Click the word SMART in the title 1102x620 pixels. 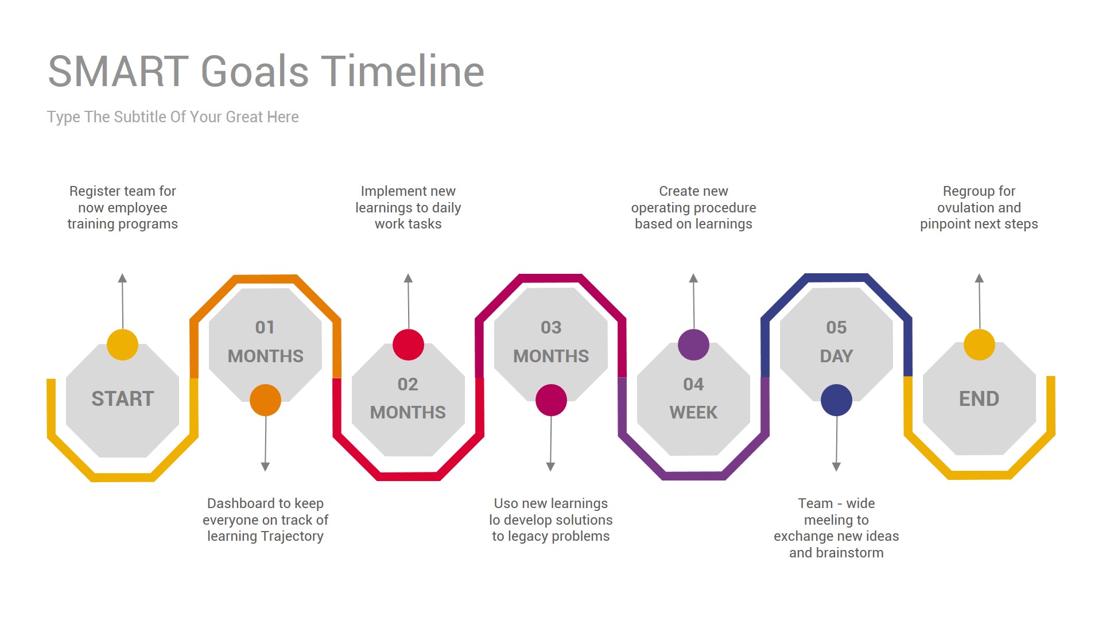click(x=118, y=72)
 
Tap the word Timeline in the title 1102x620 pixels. click(x=402, y=72)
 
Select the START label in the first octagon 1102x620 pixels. click(x=123, y=399)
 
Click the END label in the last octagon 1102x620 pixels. click(x=979, y=399)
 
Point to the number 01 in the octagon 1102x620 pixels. click(x=265, y=327)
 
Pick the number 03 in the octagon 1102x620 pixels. click(x=551, y=327)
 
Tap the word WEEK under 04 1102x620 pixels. click(x=693, y=413)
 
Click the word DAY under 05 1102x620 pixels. click(x=836, y=356)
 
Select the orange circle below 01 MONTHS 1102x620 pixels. click(x=265, y=400)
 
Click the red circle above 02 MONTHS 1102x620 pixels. click(x=408, y=345)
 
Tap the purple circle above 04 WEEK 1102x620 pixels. click(x=693, y=345)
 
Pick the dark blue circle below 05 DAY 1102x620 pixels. click(x=836, y=400)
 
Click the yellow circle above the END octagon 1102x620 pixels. click(x=979, y=345)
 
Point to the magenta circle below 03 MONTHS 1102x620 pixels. click(x=551, y=400)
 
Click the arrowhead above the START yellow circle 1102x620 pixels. click(x=122, y=278)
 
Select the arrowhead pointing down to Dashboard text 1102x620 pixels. click(x=265, y=467)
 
